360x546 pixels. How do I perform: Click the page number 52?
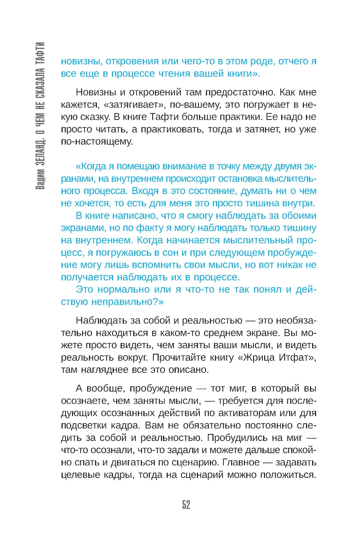pos(186,505)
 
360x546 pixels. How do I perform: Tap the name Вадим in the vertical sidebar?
pos(40,179)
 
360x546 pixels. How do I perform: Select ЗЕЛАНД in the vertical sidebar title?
pos(40,152)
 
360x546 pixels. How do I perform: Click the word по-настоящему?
pos(97,141)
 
